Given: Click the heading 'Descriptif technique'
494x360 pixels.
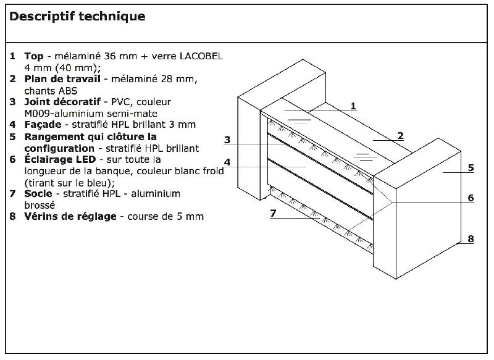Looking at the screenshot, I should point(77,17).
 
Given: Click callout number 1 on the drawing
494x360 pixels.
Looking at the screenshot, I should point(353,106).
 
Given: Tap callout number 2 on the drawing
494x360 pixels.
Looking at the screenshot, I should point(400,135).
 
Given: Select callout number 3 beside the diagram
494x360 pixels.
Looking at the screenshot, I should point(227,140).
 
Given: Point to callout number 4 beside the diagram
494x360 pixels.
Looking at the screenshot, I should point(227,162).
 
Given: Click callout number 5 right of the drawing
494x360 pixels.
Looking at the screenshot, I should point(471,167).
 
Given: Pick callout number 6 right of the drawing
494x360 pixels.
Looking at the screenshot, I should point(471,198).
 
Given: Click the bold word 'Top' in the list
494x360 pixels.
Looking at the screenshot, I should point(33,56).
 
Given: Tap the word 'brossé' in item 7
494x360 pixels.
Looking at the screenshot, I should point(40,205).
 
